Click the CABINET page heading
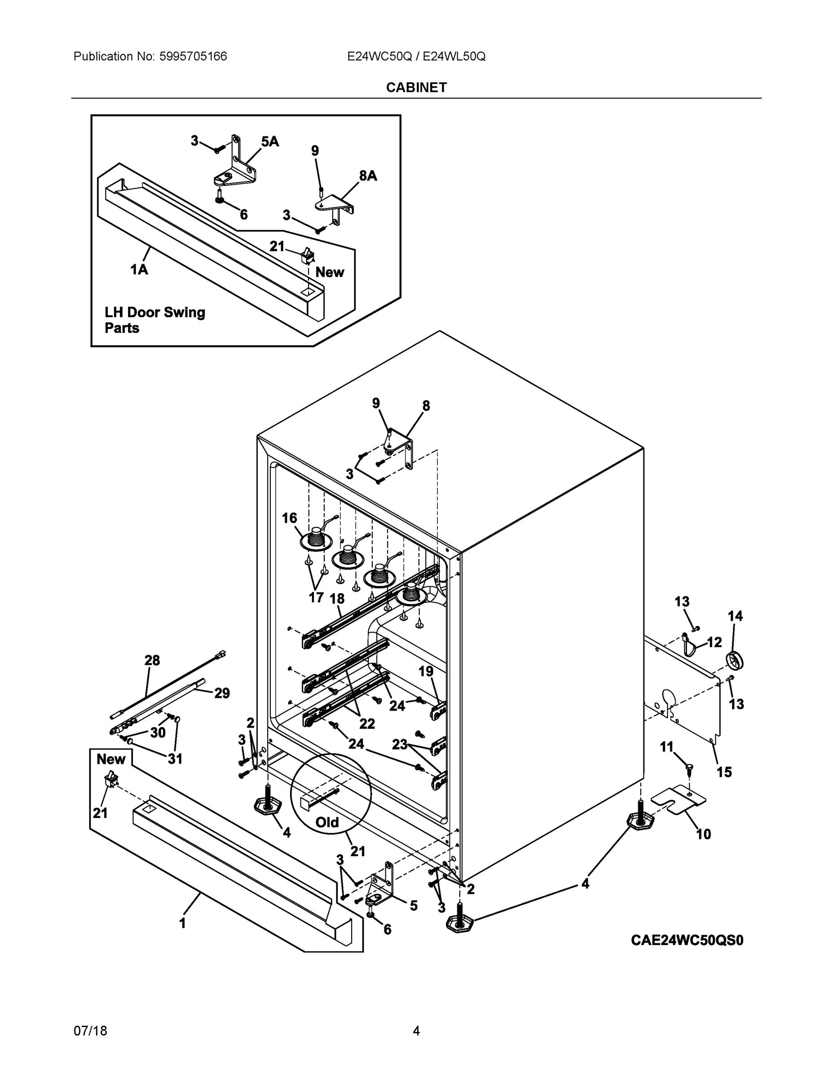[x=416, y=88]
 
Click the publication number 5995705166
[x=193, y=56]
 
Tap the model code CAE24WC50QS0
[x=687, y=940]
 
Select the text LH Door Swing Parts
[x=154, y=320]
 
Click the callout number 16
[x=289, y=518]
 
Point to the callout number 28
[x=152, y=660]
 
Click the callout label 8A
[x=368, y=175]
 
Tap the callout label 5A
[x=269, y=141]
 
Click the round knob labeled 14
[x=735, y=660]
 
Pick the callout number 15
[x=724, y=772]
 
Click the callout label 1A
[x=139, y=269]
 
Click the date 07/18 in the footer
[x=90, y=1031]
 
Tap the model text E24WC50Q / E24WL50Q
[x=416, y=56]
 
